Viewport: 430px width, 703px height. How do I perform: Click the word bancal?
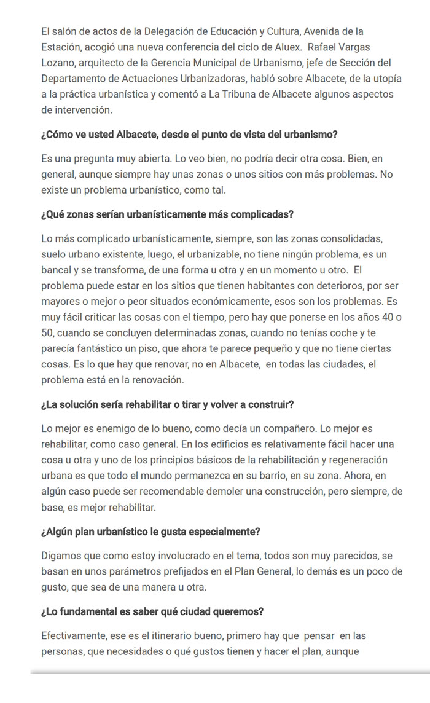point(59,269)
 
